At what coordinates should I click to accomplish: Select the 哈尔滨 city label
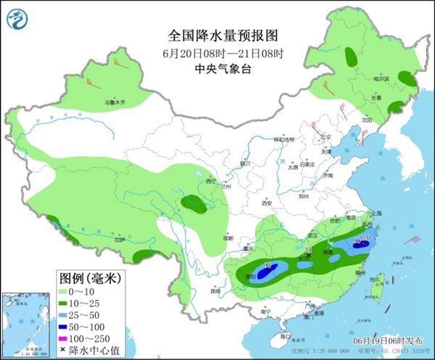(x=381, y=78)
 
